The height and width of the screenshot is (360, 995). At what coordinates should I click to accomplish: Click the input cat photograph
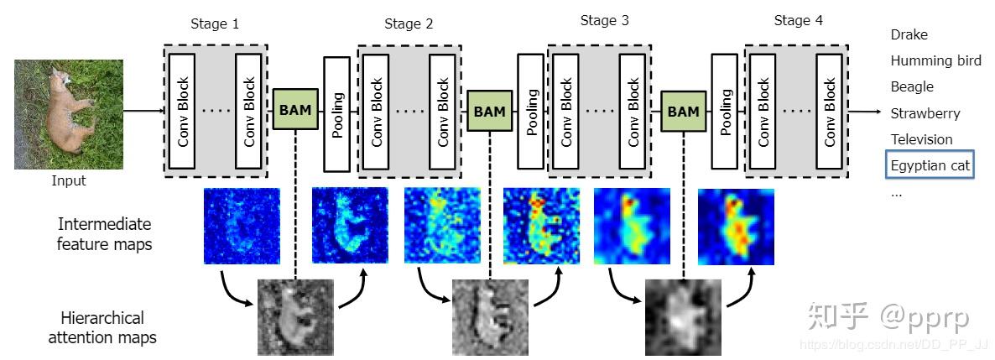[69, 114]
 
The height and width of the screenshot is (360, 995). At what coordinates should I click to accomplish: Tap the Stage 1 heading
[215, 25]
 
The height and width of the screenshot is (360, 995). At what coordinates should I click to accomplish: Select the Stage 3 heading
[605, 21]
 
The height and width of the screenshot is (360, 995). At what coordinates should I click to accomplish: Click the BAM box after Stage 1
[295, 110]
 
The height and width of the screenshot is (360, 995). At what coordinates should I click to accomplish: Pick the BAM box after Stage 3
[684, 111]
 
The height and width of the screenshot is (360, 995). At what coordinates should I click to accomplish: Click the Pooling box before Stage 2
[337, 114]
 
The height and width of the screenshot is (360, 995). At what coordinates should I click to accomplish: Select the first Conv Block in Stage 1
[183, 111]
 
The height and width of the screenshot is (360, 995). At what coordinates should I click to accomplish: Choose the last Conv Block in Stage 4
[830, 112]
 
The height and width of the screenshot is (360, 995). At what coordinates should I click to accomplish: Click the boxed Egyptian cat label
[930, 165]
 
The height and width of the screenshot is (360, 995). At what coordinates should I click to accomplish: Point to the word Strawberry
[925, 113]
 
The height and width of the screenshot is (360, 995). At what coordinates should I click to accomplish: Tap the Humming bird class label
[936, 61]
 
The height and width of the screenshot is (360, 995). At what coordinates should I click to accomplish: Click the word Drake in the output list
[909, 35]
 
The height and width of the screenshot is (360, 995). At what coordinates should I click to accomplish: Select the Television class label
[921, 139]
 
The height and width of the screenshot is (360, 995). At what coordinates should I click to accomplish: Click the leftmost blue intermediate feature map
[242, 226]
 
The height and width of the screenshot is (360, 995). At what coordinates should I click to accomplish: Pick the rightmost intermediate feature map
[736, 226]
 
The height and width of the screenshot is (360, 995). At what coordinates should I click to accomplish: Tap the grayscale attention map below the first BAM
[295, 317]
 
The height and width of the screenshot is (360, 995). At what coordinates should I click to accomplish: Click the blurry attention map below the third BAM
[684, 317]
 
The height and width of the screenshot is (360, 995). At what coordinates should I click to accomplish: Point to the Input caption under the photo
[69, 181]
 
